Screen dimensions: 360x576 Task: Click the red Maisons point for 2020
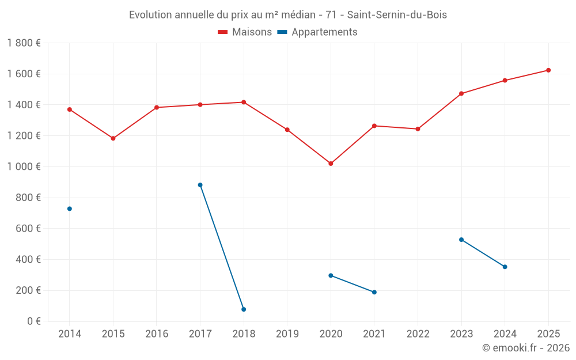331,164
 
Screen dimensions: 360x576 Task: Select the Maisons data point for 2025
548,70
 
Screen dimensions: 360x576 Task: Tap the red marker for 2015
113,138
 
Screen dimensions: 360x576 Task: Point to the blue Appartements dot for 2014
70,209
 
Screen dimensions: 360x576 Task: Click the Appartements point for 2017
200,185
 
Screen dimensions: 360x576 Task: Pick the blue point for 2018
244,309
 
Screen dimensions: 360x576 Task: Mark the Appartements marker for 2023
461,240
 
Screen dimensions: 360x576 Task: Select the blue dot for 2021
374,292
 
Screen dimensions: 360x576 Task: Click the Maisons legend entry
245,32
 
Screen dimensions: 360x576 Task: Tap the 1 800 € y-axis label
24,43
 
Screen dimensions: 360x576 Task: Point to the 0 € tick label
32,321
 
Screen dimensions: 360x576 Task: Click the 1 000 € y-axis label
24,166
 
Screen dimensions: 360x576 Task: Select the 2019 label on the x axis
287,334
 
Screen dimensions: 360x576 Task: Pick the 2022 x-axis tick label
418,334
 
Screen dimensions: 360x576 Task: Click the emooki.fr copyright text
526,348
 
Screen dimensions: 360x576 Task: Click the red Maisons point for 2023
461,93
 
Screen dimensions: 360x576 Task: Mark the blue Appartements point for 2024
505,267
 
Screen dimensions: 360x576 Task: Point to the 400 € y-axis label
27,259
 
